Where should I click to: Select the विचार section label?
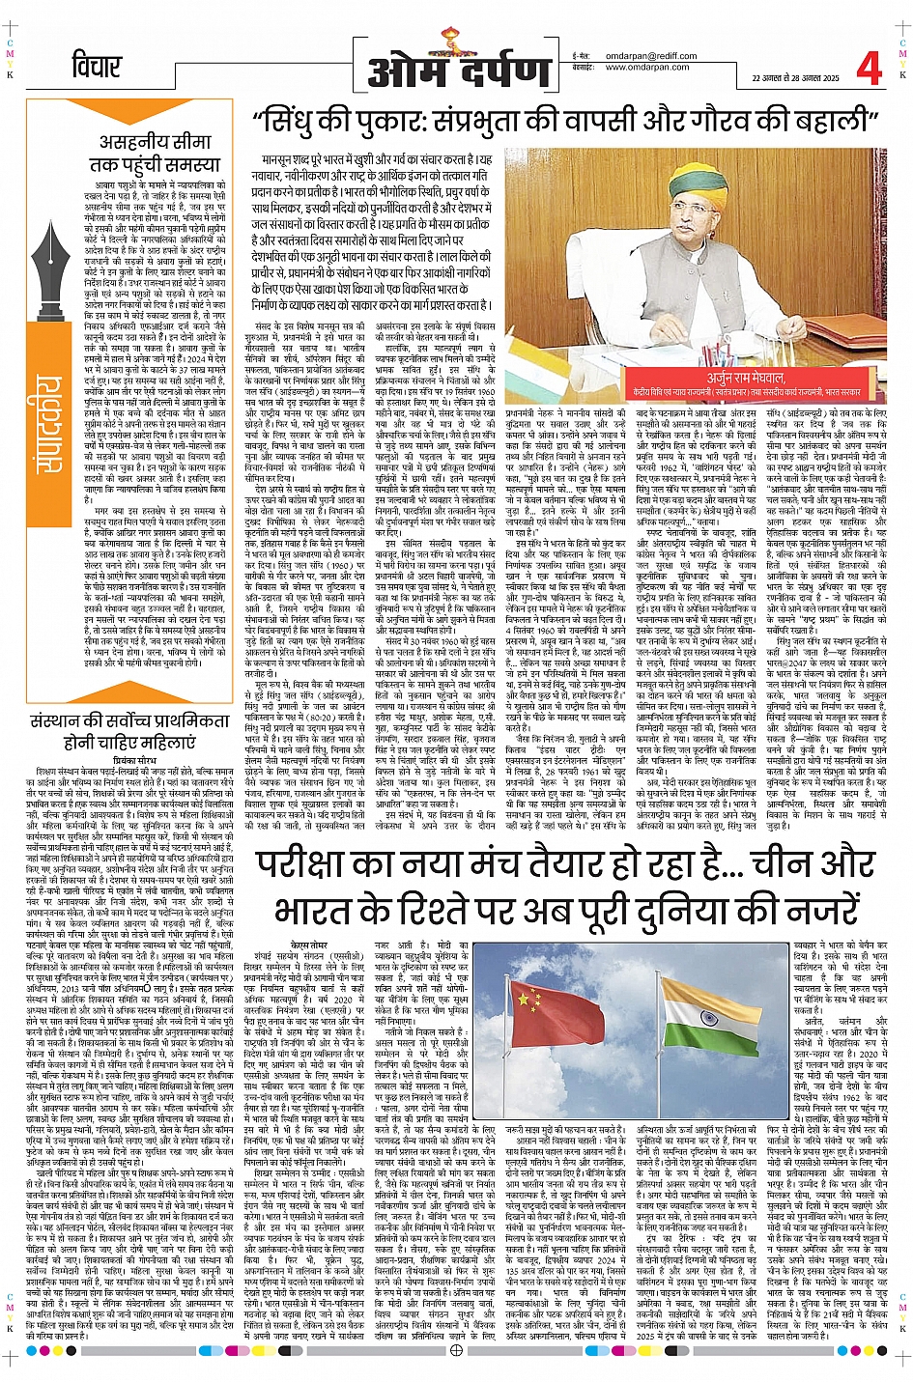(97, 68)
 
